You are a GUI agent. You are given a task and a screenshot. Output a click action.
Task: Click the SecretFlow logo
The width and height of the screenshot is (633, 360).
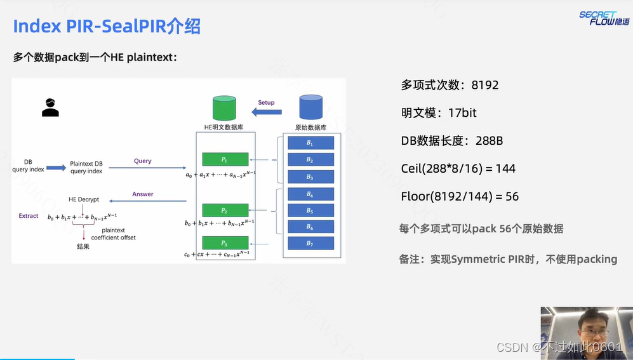[x=604, y=18]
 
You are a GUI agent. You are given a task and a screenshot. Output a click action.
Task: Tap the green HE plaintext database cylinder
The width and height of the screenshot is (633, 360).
[x=228, y=108]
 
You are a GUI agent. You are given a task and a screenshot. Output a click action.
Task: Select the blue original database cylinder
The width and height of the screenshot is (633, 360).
[x=310, y=107]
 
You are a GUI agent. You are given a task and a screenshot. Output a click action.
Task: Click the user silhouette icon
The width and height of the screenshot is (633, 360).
[x=50, y=107]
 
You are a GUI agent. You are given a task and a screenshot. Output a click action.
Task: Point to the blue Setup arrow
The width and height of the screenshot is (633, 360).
[x=267, y=112]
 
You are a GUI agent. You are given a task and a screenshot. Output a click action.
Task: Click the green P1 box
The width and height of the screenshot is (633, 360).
[x=224, y=159]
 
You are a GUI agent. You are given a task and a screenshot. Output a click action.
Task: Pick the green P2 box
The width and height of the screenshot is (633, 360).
[x=224, y=210]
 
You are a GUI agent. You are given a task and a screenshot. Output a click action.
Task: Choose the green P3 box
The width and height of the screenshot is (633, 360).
[x=224, y=243]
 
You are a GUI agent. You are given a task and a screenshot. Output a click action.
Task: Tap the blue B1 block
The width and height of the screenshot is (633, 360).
[x=310, y=143]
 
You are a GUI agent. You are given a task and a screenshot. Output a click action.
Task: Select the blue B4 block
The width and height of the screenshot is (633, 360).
[x=310, y=194]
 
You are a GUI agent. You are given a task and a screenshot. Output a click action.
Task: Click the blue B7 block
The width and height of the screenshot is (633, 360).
[x=310, y=243]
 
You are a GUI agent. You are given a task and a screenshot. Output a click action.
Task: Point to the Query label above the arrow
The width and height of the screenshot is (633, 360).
[x=143, y=161]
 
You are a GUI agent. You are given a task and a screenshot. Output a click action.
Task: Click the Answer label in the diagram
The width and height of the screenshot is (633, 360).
[x=143, y=194]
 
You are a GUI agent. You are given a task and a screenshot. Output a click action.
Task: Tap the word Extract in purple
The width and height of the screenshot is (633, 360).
[x=29, y=216]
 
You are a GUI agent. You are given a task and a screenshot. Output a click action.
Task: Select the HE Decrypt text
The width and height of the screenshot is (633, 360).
[x=84, y=199]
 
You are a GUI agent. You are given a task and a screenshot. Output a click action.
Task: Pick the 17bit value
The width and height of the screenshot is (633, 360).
[x=462, y=113]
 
